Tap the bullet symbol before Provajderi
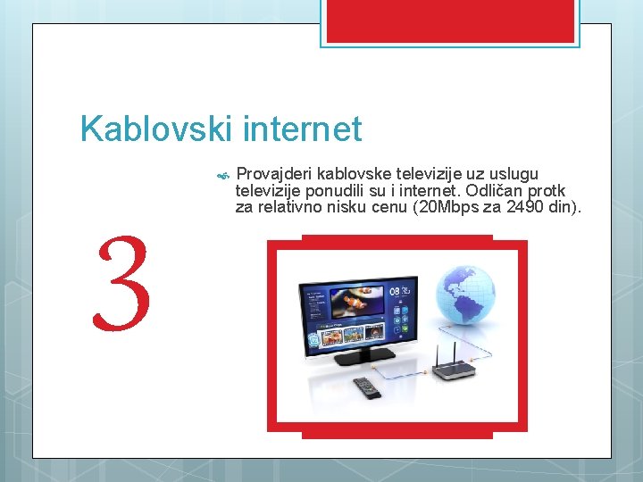coord(223,174)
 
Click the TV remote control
coord(368,387)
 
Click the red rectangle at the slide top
coord(450,21)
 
